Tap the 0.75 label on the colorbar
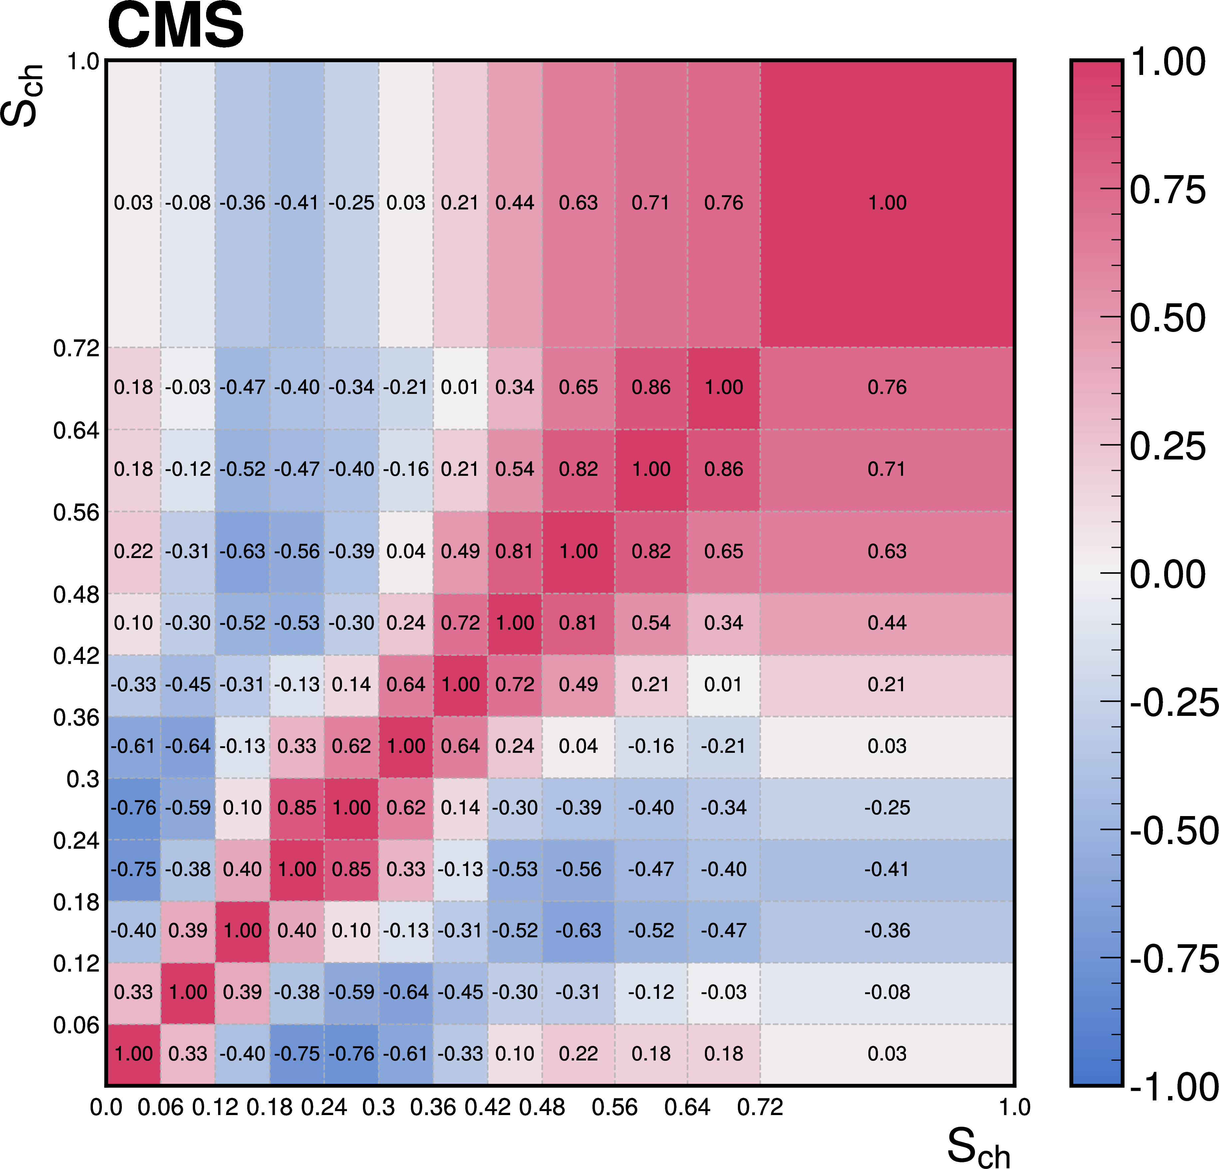pyautogui.click(x=1167, y=190)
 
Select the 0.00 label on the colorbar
pyautogui.click(x=1167, y=574)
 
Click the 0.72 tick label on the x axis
pyautogui.click(x=760, y=1107)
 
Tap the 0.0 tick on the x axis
pyautogui.click(x=106, y=1107)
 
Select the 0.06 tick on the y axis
pyautogui.click(x=76, y=1025)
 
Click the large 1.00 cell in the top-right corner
pyautogui.click(x=887, y=203)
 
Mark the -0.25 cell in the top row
pyautogui.click(x=351, y=203)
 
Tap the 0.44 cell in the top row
pyautogui.click(x=515, y=203)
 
